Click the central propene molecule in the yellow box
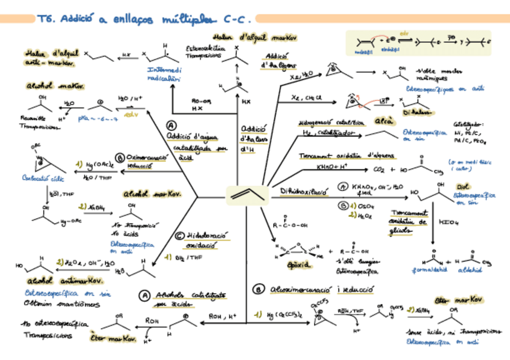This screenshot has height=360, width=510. tap(246, 194)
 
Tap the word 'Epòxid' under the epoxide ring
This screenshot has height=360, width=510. tap(283, 264)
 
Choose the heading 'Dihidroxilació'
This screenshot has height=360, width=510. tap(306, 191)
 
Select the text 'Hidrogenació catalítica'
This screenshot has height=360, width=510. tap(331, 123)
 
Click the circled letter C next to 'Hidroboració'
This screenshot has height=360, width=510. tap(179, 236)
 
